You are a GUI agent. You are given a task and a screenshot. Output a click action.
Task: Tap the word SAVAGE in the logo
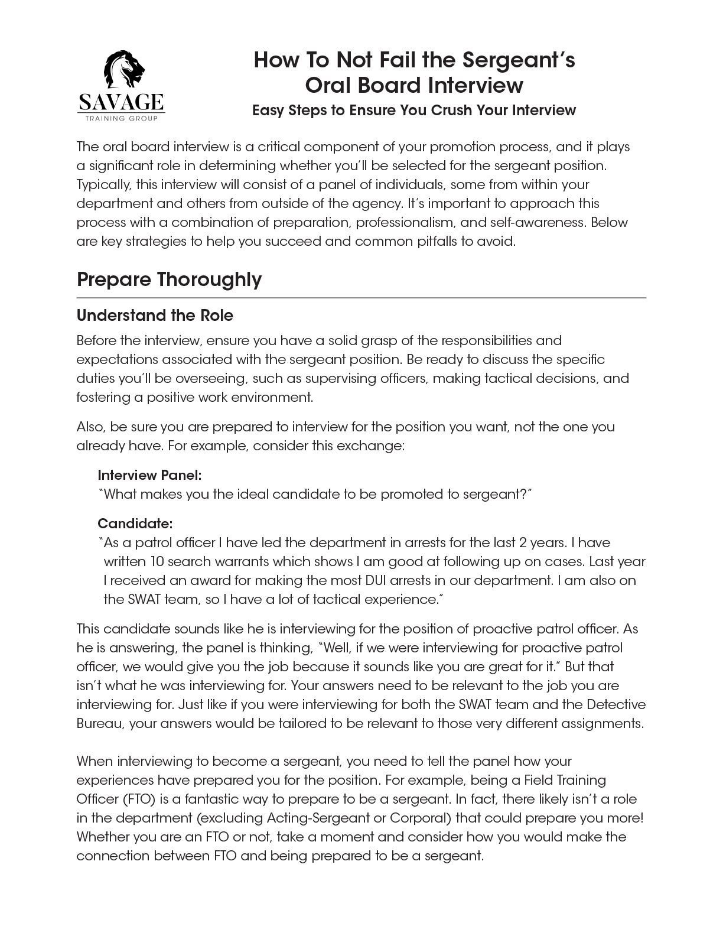[121, 103]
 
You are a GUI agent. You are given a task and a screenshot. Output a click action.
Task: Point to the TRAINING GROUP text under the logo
[121, 118]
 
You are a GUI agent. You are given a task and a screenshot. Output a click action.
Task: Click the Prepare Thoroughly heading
[169, 279]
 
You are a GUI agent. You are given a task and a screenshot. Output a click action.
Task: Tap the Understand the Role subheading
[155, 316]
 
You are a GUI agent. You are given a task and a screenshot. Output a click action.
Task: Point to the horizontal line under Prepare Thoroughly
[361, 298]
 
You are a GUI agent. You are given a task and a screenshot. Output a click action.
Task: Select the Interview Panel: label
[149, 475]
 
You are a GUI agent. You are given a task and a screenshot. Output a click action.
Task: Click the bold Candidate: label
[135, 524]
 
